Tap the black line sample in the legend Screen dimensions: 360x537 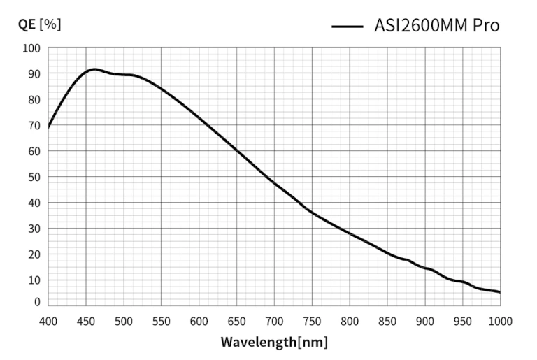pyautogui.click(x=348, y=27)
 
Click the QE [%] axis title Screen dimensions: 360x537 pyautogui.click(x=39, y=24)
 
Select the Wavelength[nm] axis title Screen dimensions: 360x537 pyautogui.click(x=274, y=343)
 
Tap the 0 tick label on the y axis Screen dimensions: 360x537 pyautogui.click(x=36, y=303)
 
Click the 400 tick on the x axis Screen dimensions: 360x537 pyautogui.click(x=48, y=321)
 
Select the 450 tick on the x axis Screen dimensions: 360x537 pyautogui.click(x=86, y=321)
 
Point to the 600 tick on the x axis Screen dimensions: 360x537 pyautogui.click(x=199, y=321)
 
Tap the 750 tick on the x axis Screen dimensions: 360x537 pyautogui.click(x=312, y=321)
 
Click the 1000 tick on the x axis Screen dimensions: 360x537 pyautogui.click(x=500, y=321)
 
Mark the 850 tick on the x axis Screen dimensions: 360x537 pyautogui.click(x=387, y=321)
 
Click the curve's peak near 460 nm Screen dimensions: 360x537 pyautogui.click(x=94, y=69)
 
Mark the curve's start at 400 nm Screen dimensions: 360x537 pyautogui.click(x=48, y=127)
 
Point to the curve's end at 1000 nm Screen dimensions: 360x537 pyautogui.click(x=500, y=292)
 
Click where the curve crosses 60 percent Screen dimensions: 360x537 pyautogui.click(x=237, y=151)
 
